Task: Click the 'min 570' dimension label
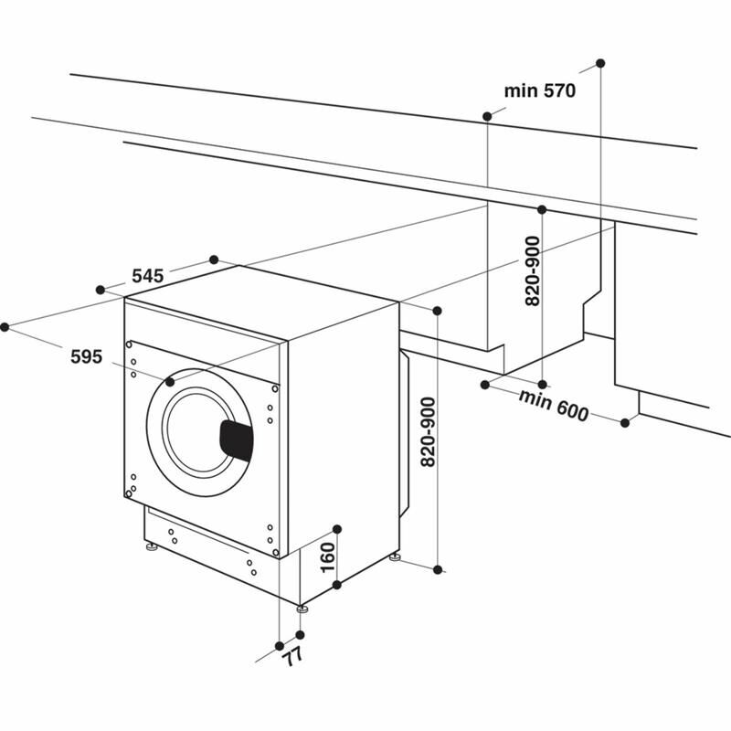pos(539,90)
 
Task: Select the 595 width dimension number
pos(86,356)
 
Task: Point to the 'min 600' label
pos(554,405)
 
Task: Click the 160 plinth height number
pos(328,556)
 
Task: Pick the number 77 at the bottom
pos(291,655)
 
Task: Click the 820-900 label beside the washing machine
pos(426,433)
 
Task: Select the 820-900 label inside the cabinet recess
pos(534,270)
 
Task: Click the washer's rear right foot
pos(395,556)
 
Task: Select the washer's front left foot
pos(149,548)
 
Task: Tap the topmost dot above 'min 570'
pos(600,62)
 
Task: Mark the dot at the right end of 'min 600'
pos(626,422)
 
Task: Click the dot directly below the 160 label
pos(337,584)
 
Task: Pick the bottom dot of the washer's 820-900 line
pos(438,570)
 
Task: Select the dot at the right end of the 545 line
pos(214,260)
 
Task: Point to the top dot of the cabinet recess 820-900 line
pos(542,209)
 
